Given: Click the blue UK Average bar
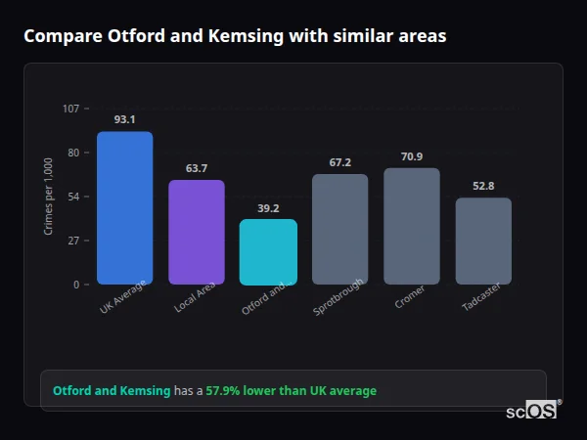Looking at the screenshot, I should tap(124, 208).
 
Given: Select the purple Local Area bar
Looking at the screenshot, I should tap(197, 232).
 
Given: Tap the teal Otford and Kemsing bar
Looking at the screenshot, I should tap(268, 251).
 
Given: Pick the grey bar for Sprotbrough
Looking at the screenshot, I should tap(339, 229).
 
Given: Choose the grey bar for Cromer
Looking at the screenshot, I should tap(411, 226).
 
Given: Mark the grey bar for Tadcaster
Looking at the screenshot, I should tap(483, 241).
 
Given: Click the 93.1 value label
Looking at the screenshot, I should tap(124, 119).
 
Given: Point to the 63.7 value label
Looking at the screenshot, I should tap(197, 168).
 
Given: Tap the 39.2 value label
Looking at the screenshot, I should tap(268, 208).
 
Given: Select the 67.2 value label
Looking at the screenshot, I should tap(339, 162).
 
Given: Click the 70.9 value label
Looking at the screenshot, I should tap(411, 156).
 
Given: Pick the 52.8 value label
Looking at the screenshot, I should tap(483, 186).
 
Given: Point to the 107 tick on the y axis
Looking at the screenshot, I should tap(70, 108).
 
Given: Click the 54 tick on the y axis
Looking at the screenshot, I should tap(73, 197).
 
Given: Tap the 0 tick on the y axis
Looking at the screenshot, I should tap(76, 285).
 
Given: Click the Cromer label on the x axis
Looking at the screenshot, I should tap(409, 298).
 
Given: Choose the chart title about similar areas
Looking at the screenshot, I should tap(235, 36).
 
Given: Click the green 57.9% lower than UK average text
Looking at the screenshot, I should tap(291, 391).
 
